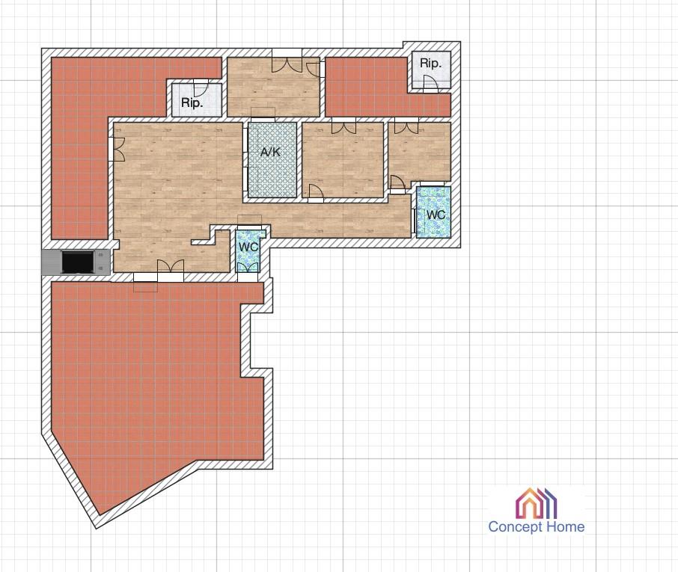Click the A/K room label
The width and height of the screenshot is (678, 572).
[270, 152]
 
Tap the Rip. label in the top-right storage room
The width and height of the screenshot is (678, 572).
[430, 63]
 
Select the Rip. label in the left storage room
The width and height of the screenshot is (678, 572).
[192, 103]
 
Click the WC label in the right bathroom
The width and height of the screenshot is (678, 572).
[436, 215]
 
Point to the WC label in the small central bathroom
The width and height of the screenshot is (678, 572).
[248, 247]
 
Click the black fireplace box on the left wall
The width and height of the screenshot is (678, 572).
[78, 262]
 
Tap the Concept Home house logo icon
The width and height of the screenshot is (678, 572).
[536, 503]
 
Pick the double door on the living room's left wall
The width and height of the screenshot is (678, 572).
[119, 149]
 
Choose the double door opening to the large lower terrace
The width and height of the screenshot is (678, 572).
[171, 266]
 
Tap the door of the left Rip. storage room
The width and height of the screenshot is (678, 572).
[201, 88]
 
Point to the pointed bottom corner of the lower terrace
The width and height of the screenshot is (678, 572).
[100, 515]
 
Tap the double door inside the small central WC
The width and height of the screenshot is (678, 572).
[248, 268]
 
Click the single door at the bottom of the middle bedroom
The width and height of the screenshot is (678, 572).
[316, 191]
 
